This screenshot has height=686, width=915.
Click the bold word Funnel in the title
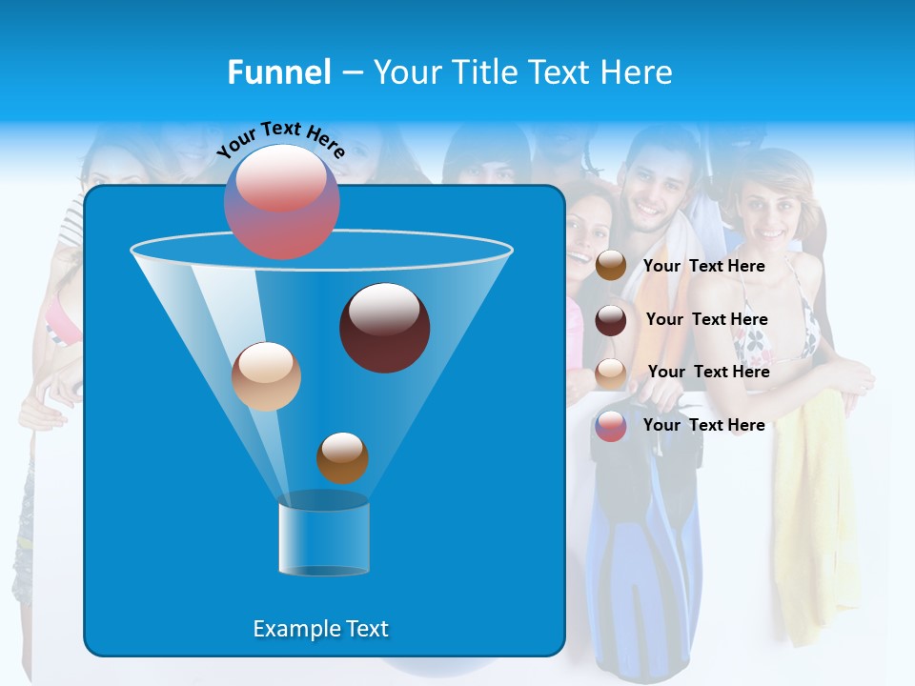click(278, 72)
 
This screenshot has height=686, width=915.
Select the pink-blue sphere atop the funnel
click(282, 201)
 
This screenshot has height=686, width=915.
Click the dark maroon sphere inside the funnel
click(384, 328)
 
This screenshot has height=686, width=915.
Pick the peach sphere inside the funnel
click(266, 376)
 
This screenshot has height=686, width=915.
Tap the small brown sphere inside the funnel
click(342, 457)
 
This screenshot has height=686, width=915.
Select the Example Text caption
click(320, 629)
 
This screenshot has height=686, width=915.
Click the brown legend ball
click(611, 266)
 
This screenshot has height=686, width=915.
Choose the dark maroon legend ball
click(611, 320)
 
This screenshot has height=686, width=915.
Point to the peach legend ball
click(611, 373)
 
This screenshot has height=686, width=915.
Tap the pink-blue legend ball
click(611, 426)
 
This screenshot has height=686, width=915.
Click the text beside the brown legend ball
click(703, 267)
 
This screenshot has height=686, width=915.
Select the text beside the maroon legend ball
click(706, 320)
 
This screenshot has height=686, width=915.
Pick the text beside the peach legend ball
click(708, 373)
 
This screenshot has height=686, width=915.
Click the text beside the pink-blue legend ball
click(703, 426)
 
